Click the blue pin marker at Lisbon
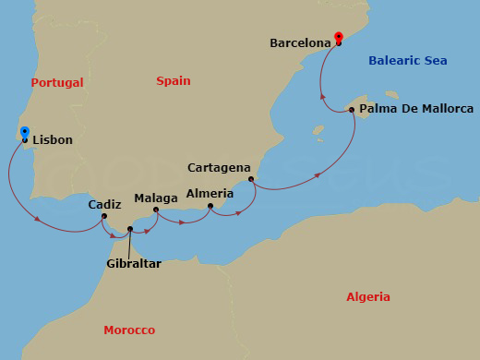click(24, 134)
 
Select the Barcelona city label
click(301, 42)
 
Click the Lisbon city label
click(53, 140)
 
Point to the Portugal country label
click(57, 83)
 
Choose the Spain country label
click(174, 81)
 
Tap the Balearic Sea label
click(407, 61)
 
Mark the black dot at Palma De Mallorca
click(352, 110)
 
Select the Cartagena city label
click(219, 168)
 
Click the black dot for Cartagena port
click(251, 179)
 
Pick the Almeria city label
click(210, 193)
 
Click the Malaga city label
click(156, 198)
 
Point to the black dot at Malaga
click(156, 210)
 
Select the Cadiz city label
click(105, 205)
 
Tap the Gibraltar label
click(133, 264)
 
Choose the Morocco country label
click(129, 330)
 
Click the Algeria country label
click(367, 297)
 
